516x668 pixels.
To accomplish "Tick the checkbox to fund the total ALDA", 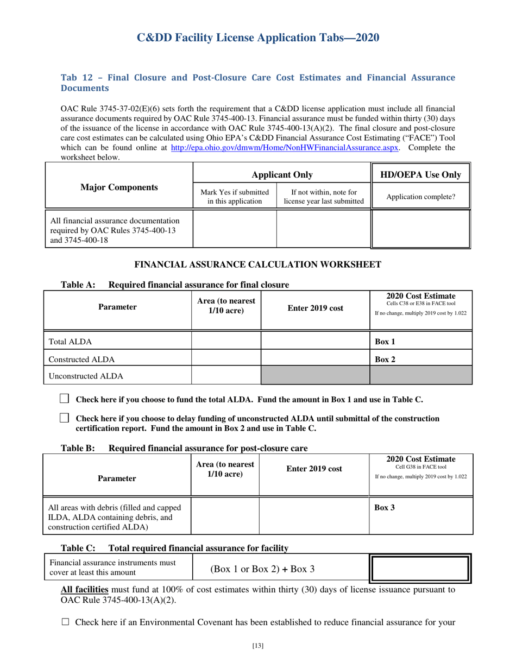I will click(64, 399).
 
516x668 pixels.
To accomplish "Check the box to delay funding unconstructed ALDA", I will click(64, 418).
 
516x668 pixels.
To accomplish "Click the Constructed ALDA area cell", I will click(226, 358).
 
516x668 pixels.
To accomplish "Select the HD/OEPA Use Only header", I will click(421, 174).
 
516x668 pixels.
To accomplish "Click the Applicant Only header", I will click(281, 174).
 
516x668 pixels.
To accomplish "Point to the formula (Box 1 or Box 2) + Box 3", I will click(262, 569).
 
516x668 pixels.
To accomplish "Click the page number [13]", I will click(258, 646).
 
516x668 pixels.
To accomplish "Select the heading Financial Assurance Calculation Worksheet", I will click(257, 264).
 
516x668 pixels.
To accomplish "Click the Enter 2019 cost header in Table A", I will click(315, 308).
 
